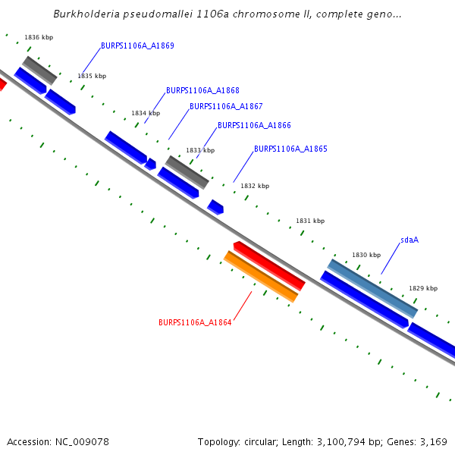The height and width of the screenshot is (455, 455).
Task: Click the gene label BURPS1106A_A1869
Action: click(x=137, y=45)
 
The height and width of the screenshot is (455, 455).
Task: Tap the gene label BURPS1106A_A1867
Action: click(x=226, y=107)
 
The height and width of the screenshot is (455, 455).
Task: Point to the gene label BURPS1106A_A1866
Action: click(x=254, y=126)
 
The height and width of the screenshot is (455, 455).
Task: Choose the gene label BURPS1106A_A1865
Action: click(x=290, y=149)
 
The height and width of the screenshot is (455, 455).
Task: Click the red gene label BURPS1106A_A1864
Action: click(x=195, y=322)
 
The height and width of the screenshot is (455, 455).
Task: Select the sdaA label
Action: click(x=409, y=240)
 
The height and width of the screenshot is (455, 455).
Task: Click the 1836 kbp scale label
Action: click(x=39, y=37)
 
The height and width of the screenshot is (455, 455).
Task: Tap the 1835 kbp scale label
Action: click(x=92, y=76)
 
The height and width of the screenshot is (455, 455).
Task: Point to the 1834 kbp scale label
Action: click(x=146, y=113)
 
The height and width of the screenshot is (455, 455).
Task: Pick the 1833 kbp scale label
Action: click(x=200, y=150)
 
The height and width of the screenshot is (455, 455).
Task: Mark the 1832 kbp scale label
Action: click(x=255, y=186)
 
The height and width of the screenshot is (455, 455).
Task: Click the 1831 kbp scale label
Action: click(x=310, y=221)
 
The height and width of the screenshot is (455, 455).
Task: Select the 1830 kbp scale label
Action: click(x=366, y=255)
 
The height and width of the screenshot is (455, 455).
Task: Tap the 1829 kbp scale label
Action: click(x=423, y=288)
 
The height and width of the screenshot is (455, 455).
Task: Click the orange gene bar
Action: click(x=260, y=277)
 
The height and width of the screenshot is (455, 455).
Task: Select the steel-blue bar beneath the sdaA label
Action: click(x=372, y=288)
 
